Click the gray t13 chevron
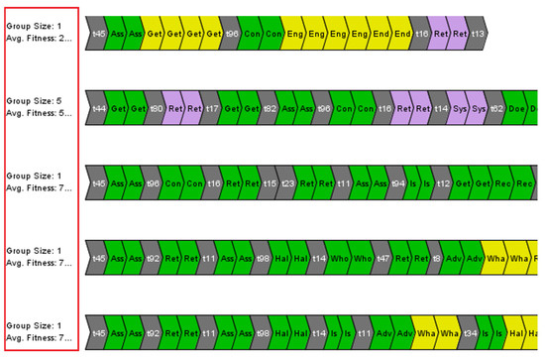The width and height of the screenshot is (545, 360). (x=478, y=33)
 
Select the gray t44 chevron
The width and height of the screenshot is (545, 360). (x=97, y=107)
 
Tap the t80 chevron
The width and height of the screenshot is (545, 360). (x=157, y=107)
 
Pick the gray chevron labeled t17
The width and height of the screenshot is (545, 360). (x=212, y=107)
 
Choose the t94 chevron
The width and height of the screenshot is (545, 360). (x=396, y=182)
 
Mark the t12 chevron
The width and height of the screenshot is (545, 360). (x=445, y=182)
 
